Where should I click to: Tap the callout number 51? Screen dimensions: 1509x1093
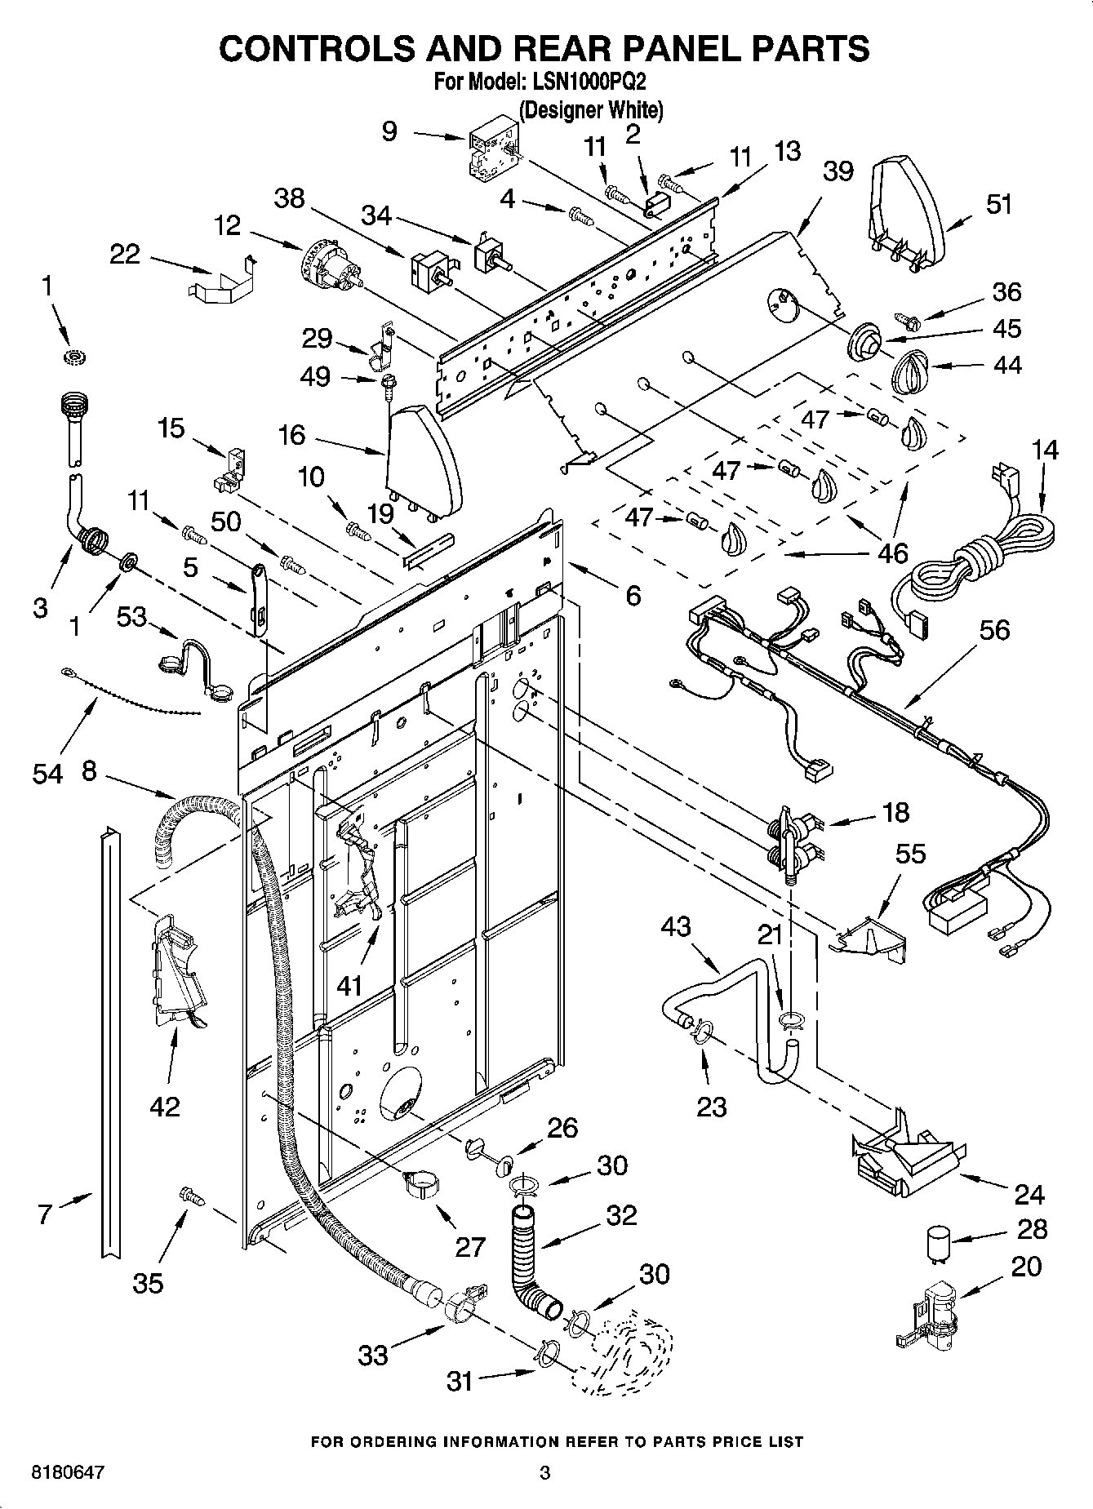tap(998, 204)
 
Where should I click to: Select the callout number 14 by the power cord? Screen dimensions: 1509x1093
tap(1044, 450)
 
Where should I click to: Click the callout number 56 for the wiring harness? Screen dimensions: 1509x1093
tap(995, 630)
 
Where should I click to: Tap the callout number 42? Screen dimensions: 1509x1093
tap(164, 1106)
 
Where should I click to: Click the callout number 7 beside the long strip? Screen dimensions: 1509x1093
tap(45, 1215)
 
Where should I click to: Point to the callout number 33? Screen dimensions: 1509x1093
tap(372, 1356)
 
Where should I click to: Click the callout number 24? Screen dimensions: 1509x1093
tap(1029, 1195)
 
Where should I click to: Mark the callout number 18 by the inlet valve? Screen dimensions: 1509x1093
tap(895, 812)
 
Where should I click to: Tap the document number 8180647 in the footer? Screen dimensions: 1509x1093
tap(68, 1473)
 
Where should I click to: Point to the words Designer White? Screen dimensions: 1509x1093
tap(591, 110)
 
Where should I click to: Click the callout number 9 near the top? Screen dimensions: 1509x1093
tap(390, 131)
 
